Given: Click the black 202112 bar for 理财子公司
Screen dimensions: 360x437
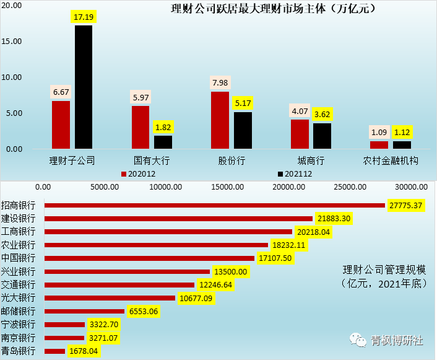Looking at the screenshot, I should [84, 87].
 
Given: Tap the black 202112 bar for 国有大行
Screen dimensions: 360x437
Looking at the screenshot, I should [163, 142].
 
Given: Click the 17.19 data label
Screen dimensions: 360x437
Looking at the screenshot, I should [84, 17].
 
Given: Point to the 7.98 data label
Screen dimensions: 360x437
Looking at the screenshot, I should [220, 83].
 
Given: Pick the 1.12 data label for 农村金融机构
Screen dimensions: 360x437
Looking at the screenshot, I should [402, 132].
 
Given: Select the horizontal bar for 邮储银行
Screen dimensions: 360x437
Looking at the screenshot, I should [85, 311].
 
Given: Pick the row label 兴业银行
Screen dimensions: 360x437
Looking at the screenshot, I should [19, 271].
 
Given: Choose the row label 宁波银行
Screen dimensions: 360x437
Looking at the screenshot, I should [19, 325].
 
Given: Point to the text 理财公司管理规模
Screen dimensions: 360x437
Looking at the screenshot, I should [384, 270].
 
